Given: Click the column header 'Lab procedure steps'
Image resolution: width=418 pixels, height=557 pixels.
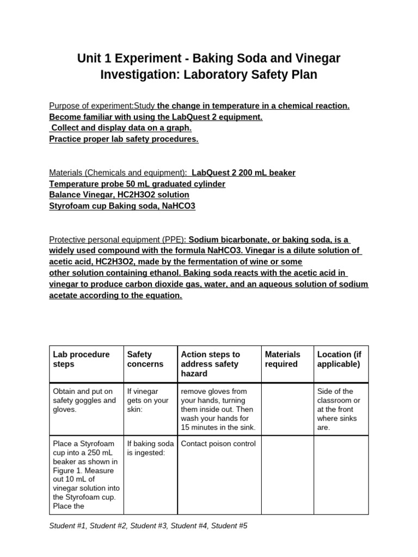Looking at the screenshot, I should pos(81,359).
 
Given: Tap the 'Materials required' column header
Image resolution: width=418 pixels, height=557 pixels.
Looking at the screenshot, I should pos(282,359).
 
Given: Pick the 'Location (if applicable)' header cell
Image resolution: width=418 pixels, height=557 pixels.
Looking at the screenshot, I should pos(339,359).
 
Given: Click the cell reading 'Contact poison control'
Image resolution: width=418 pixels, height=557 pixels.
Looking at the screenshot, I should pos(218,443).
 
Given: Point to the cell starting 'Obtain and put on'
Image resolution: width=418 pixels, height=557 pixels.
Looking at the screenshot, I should pos(84,400).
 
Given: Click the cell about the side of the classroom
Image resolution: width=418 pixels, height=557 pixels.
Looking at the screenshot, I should pos(339,409).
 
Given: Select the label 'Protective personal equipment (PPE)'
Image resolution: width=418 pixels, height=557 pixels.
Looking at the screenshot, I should pos(118,239).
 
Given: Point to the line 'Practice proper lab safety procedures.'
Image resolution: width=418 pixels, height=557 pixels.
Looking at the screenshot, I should pos(124,139).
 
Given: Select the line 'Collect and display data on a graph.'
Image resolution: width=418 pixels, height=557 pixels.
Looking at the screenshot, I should pos(121,128).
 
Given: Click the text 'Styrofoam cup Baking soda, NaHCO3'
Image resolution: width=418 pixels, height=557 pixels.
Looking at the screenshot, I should pos(122,206).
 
